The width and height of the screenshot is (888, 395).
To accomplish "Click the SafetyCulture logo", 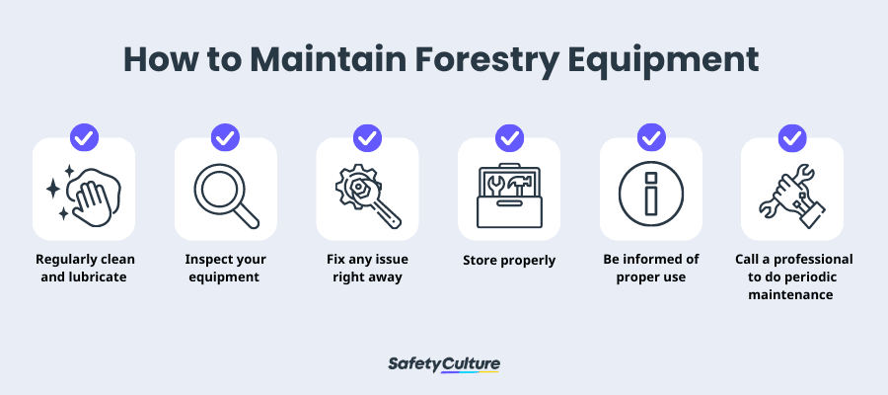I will click(x=444, y=364).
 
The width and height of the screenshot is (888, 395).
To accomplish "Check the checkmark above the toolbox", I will click(x=509, y=137).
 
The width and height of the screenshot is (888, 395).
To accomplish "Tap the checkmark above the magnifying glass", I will click(x=225, y=137).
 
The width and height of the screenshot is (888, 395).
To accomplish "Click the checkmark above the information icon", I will click(x=651, y=137).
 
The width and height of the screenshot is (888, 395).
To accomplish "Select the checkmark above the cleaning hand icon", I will click(x=84, y=137).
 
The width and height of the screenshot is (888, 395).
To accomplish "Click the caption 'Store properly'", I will click(x=509, y=261).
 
